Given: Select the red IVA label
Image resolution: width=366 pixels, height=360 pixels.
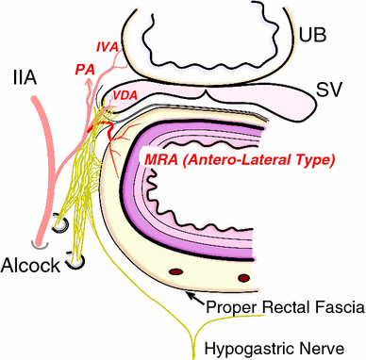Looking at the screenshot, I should point(108,46).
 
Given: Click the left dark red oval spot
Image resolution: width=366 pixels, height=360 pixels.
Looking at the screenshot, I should point(176,273).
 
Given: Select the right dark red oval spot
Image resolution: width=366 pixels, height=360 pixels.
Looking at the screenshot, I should point(244,276).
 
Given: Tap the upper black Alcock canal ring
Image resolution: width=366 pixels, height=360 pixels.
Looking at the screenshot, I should point(59,227).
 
